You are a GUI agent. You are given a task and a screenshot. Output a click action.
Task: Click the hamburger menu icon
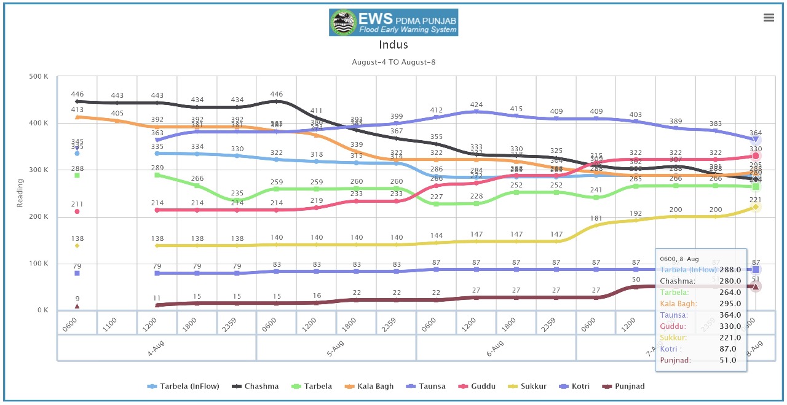tap(769, 18)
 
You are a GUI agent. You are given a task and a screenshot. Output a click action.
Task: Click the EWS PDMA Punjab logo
tap(393, 22)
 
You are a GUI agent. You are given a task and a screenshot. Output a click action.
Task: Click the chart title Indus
tap(393, 45)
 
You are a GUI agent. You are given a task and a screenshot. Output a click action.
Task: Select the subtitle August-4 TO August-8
tap(393, 62)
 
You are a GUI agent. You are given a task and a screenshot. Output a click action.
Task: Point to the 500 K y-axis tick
tap(39, 77)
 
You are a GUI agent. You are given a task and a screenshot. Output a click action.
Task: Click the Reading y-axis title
tap(20, 193)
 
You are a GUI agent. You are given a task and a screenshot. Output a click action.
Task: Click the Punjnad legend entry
tap(629, 387)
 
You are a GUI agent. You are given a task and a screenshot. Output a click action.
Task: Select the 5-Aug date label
tap(336, 348)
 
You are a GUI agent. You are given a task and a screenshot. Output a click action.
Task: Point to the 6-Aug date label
tap(496, 348)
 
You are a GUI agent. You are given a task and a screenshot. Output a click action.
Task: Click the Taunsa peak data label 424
tap(476, 105)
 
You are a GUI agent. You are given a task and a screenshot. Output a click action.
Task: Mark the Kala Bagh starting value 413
tap(77, 110)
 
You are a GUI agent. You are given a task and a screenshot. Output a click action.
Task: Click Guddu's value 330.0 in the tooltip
tap(730, 326)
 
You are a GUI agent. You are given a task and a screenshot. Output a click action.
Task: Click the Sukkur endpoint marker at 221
tap(756, 207)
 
